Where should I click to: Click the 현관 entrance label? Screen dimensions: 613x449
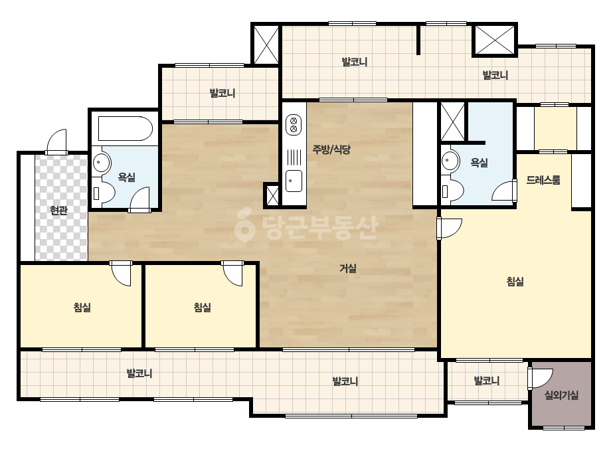(x=58, y=211)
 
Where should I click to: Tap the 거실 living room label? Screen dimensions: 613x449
(x=347, y=268)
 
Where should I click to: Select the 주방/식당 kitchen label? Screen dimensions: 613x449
(x=331, y=149)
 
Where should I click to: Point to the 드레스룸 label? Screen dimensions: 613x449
(x=543, y=180)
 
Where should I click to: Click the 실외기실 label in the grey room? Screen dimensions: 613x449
(x=561, y=395)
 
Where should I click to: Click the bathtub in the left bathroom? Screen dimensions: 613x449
(x=125, y=128)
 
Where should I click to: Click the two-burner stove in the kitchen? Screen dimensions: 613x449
(x=294, y=124)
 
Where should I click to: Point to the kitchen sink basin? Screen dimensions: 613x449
(x=294, y=181)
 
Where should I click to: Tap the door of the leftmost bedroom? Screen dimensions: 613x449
(x=121, y=273)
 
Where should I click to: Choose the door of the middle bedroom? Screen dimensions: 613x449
(x=233, y=273)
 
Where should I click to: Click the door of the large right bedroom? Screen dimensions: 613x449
(x=449, y=228)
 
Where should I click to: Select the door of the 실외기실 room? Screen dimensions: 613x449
(x=540, y=379)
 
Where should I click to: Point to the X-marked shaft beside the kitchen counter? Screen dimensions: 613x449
(x=272, y=195)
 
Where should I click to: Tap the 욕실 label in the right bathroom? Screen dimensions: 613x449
(x=479, y=162)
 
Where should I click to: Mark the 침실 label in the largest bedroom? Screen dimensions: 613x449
(x=515, y=281)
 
